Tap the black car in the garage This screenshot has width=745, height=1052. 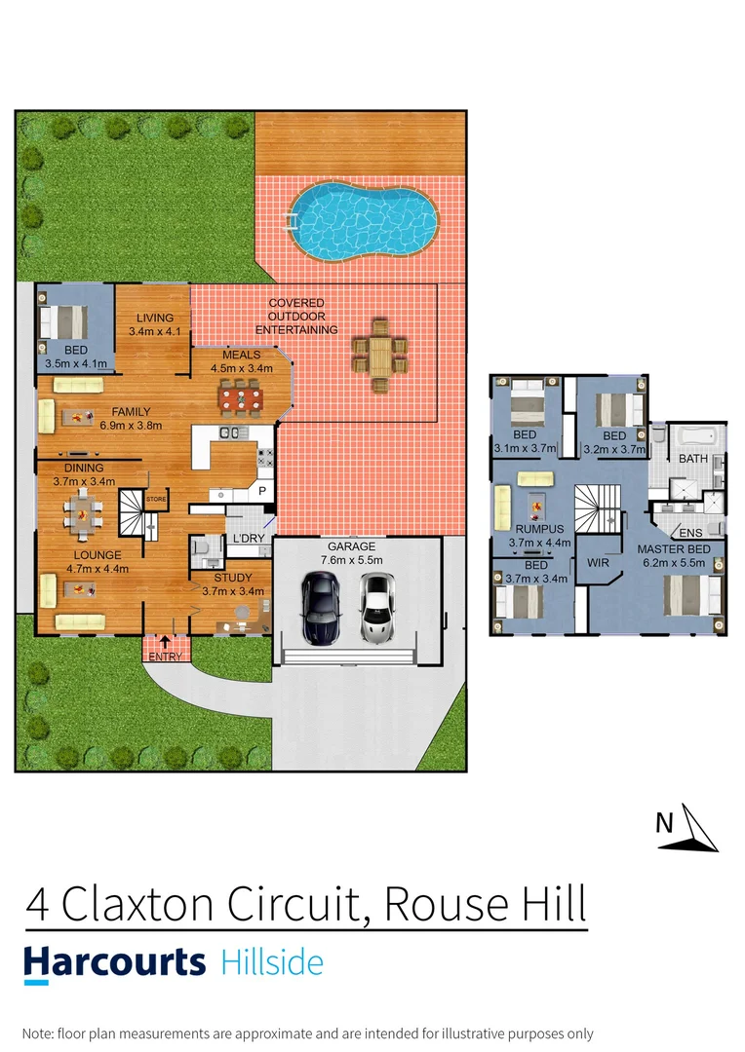320,608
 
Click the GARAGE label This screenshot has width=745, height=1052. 351,546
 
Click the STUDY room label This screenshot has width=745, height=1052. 232,578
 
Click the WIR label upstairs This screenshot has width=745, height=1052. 597,563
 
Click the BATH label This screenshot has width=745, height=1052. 693,458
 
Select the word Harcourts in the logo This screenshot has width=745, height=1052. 115,962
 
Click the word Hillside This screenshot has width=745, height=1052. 272,962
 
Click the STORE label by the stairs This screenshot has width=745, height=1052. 156,500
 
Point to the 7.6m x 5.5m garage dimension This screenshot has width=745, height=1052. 351,561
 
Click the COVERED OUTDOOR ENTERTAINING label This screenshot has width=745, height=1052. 303,317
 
